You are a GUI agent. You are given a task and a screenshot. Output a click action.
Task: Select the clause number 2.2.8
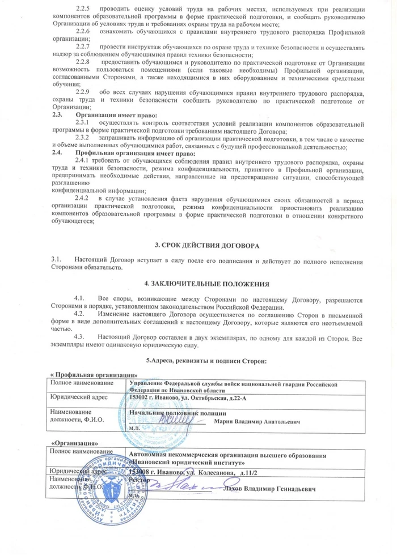(x=83, y=59)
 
